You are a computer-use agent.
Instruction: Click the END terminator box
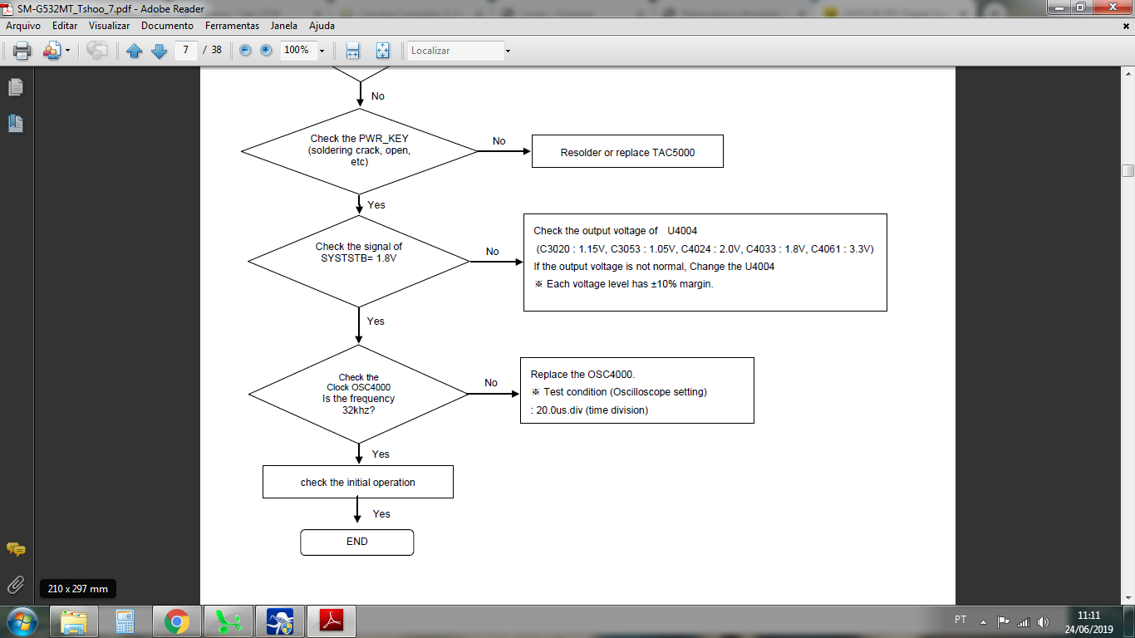(x=356, y=542)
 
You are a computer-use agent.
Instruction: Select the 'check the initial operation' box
(x=358, y=482)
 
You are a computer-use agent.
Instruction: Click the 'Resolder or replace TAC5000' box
(x=627, y=151)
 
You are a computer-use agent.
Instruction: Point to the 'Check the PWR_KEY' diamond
(x=359, y=151)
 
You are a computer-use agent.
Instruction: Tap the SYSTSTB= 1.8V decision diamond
(x=359, y=261)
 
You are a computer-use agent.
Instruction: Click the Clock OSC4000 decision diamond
(x=358, y=395)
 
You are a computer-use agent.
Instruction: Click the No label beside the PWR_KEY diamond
(x=499, y=141)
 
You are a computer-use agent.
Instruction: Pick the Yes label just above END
(x=381, y=514)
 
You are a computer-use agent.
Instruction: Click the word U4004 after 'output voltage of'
(x=682, y=231)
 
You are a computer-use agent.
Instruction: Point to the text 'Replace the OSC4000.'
(x=582, y=375)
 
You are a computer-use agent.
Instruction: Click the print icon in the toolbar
(x=22, y=51)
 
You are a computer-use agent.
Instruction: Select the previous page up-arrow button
(x=135, y=51)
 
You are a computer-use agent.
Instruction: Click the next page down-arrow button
(x=159, y=51)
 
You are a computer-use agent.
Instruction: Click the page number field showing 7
(x=186, y=50)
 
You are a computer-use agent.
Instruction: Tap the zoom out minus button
(x=245, y=50)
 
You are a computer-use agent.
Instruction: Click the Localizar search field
(x=455, y=51)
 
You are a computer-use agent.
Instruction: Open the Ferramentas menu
(x=232, y=26)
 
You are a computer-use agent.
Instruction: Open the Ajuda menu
(x=322, y=26)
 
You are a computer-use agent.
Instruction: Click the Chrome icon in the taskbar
(x=176, y=621)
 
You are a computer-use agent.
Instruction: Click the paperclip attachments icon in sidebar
(x=16, y=585)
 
